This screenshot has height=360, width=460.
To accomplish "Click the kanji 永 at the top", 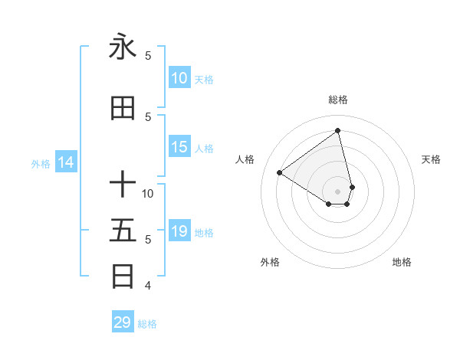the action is [x=123, y=47].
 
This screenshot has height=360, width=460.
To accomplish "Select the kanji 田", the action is [x=123, y=109].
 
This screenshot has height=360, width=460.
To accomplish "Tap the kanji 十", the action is [x=123, y=185].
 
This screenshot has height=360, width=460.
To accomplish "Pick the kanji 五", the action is [x=123, y=231].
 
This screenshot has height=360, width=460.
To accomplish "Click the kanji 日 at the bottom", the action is [x=123, y=276].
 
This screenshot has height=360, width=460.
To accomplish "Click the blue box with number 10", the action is [x=179, y=78].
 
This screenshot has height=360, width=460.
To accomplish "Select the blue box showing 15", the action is [x=179, y=147].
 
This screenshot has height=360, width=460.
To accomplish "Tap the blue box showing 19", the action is [x=179, y=231].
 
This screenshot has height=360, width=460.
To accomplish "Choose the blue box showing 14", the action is [x=66, y=162].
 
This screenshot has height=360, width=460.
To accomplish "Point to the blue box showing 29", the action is [x=123, y=322].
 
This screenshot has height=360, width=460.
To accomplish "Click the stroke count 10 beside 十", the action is [x=148, y=193].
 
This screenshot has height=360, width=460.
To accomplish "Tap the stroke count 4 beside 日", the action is [x=148, y=286].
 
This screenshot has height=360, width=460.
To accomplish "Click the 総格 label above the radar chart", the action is [x=338, y=100].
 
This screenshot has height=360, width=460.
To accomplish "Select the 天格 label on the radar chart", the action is [x=432, y=159].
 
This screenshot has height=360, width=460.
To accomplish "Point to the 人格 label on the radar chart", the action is [x=245, y=159].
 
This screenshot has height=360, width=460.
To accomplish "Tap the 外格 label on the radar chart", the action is [x=270, y=262].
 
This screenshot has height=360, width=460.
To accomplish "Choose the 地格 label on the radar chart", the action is [x=402, y=262].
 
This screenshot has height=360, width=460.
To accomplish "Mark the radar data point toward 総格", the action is [x=338, y=131].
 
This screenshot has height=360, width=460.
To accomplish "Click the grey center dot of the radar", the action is [x=338, y=191].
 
